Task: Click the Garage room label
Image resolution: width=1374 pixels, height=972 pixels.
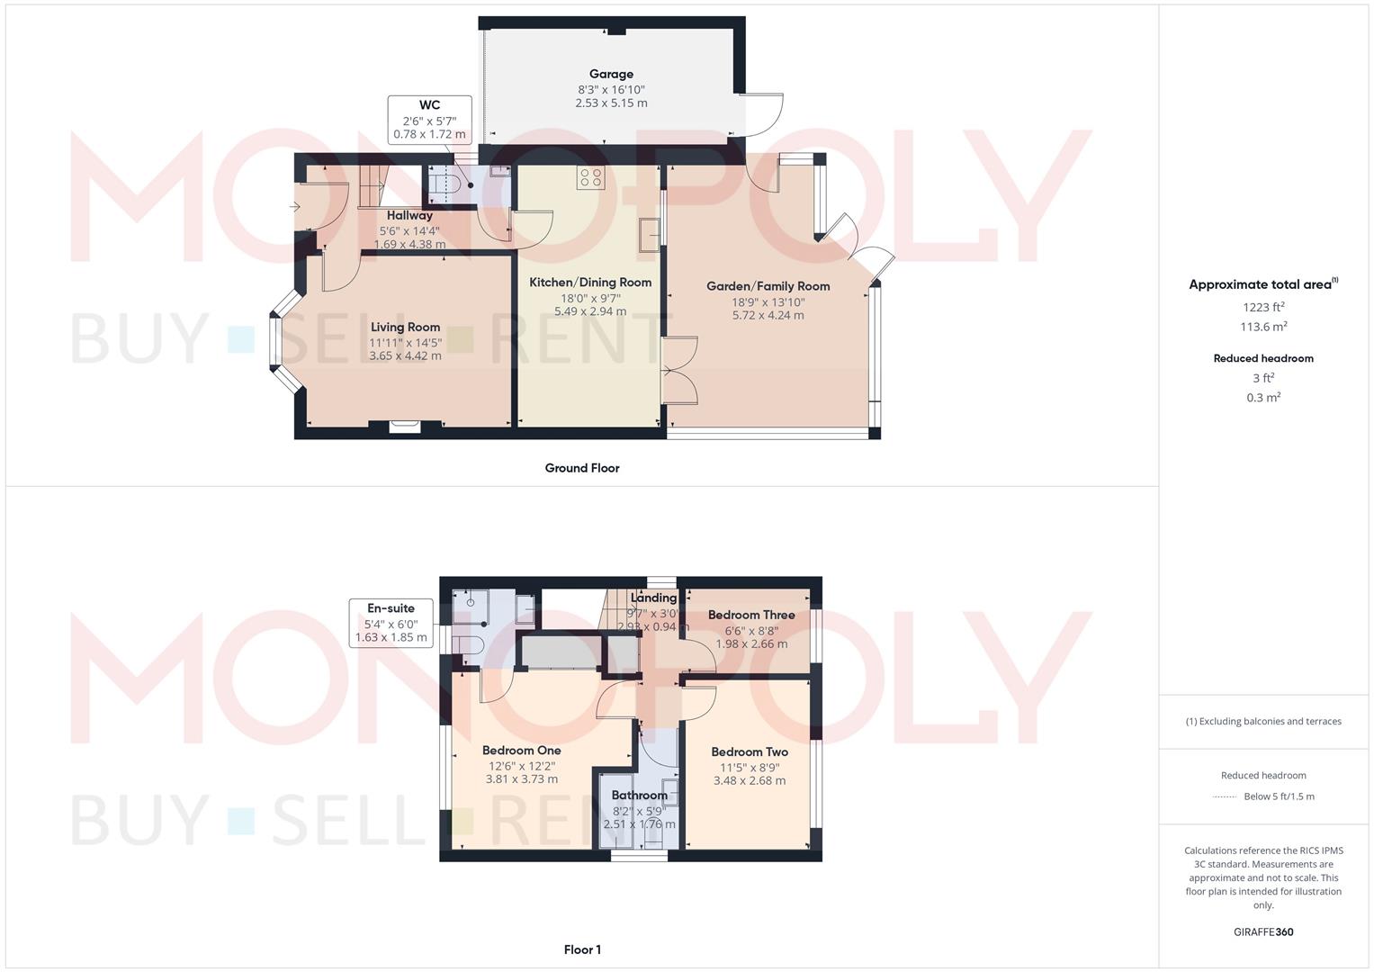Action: tap(611, 74)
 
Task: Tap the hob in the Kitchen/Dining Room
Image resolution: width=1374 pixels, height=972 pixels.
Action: tap(590, 178)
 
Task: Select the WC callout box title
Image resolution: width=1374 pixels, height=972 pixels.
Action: tap(429, 105)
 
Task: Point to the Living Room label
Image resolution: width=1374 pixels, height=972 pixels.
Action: tap(405, 327)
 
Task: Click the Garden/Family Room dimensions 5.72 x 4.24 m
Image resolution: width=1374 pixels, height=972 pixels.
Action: tap(768, 315)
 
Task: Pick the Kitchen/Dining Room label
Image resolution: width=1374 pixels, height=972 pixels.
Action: tap(590, 283)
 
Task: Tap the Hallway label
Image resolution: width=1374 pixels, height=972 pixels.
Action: tap(409, 215)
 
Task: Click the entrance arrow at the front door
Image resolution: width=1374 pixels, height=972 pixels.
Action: tap(294, 207)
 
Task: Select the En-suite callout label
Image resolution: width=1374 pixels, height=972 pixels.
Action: tap(391, 608)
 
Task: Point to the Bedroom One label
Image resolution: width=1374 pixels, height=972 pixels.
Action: tap(521, 751)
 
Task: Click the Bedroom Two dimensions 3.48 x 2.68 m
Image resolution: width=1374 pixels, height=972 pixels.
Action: tap(750, 780)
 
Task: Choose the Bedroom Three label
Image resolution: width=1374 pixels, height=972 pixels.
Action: tap(751, 615)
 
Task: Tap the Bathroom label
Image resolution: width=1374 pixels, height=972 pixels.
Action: tap(639, 796)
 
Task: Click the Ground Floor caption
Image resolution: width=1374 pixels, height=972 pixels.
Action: tap(582, 468)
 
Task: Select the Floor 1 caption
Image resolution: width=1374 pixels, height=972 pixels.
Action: tap(582, 949)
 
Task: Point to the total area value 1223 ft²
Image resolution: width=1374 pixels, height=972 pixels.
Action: tap(1263, 307)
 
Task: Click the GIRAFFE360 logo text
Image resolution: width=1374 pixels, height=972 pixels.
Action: tap(1263, 932)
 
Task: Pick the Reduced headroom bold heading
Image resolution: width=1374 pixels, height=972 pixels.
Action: tap(1263, 358)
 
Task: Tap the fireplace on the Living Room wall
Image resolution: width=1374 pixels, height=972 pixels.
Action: tap(404, 427)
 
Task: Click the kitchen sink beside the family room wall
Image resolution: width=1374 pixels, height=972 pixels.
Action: tap(650, 234)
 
